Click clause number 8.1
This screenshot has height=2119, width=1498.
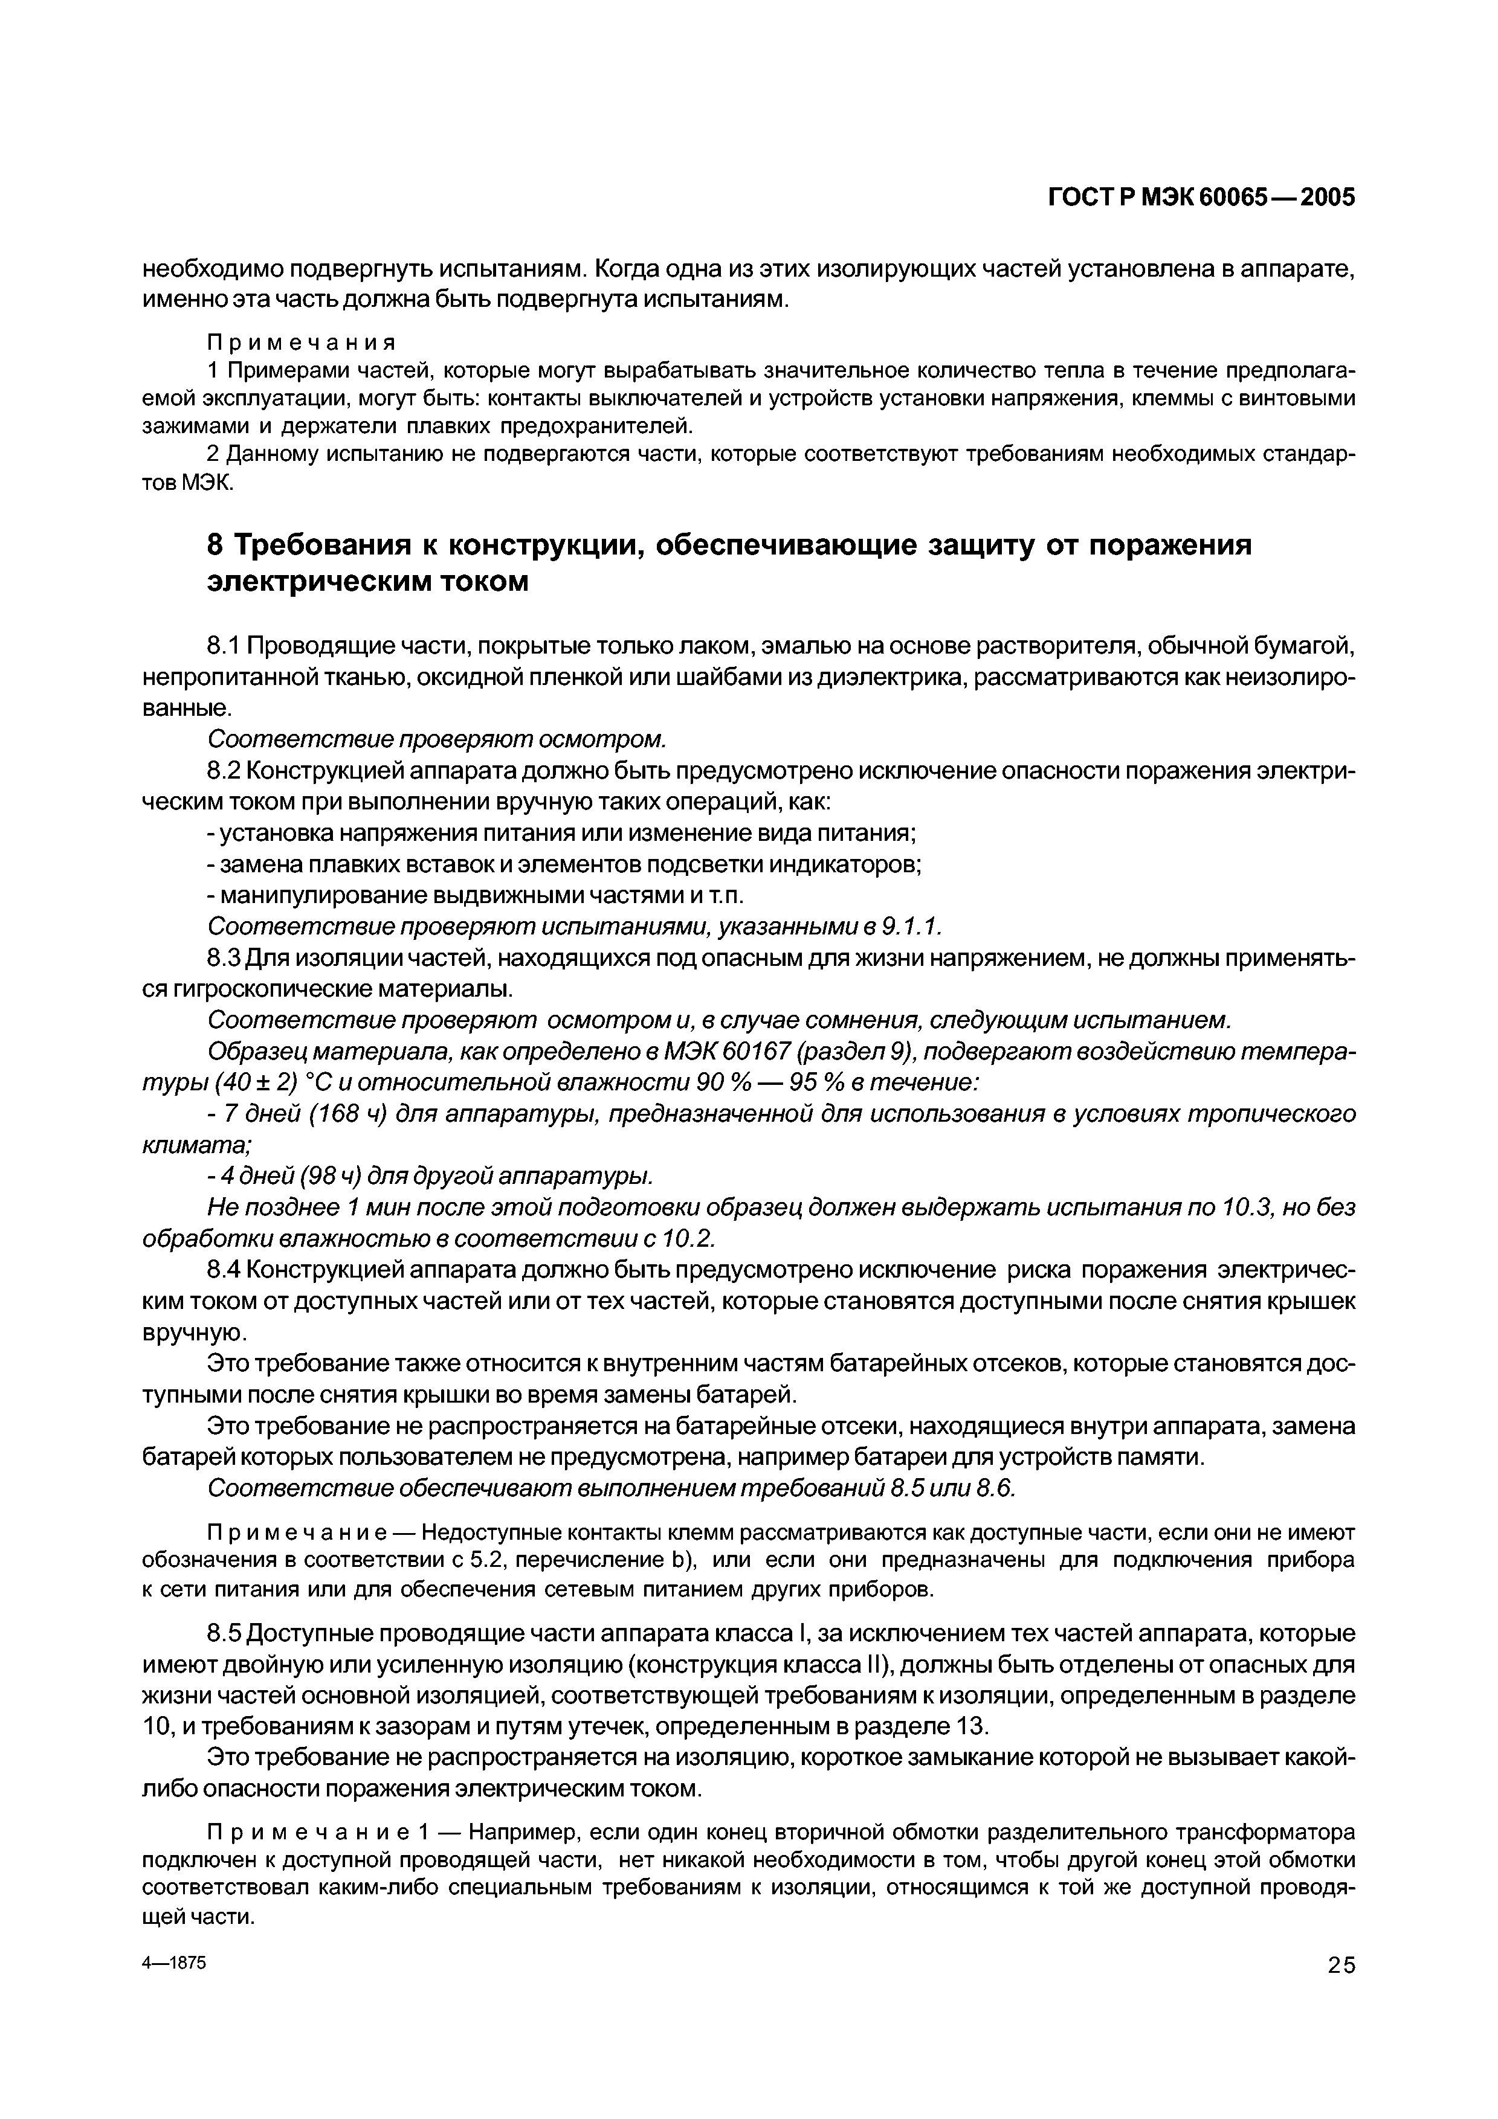click(224, 643)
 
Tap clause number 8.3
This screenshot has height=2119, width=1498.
click(224, 959)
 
